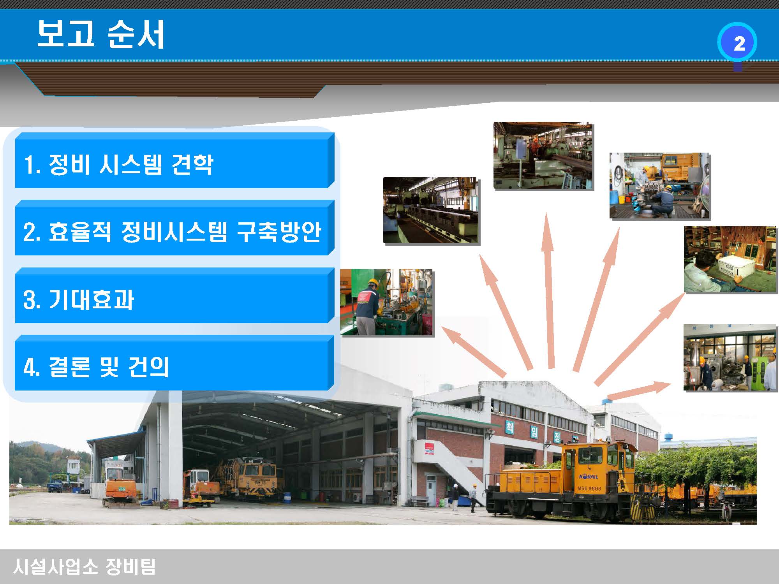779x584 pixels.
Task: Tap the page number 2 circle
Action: (x=737, y=43)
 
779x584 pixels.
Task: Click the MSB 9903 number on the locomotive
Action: (x=589, y=488)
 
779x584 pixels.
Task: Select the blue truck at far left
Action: (x=55, y=486)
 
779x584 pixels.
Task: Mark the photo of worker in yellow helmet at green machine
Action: (x=386, y=302)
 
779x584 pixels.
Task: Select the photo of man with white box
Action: (x=730, y=259)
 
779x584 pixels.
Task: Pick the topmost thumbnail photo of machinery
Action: (x=543, y=155)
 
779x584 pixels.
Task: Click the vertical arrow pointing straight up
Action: (x=549, y=290)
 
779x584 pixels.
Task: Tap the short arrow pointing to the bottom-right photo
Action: (x=639, y=391)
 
